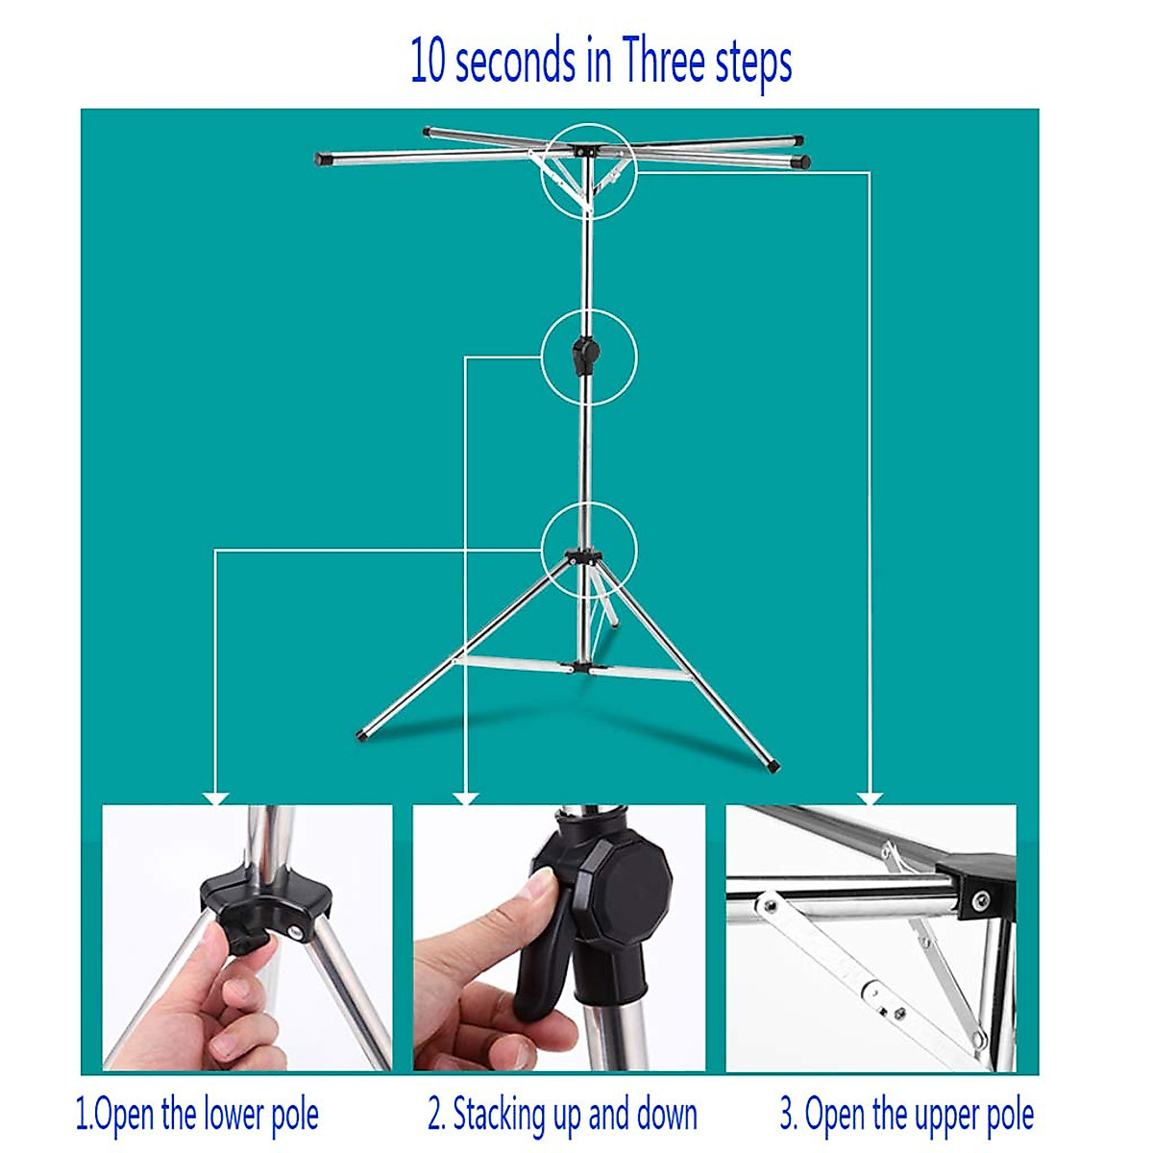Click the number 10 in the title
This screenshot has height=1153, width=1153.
429,61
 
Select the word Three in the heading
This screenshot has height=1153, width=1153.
664,61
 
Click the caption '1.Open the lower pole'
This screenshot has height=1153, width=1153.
197,1116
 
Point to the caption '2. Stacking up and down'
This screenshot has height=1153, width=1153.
562,1116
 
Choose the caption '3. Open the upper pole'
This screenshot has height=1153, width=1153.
906,1116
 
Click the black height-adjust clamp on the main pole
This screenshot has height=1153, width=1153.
582,356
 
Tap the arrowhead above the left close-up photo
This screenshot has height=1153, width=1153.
216,797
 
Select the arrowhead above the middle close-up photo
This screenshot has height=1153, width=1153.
466,797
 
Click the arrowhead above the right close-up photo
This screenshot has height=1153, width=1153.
870,797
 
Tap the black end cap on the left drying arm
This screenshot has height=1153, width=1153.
323,159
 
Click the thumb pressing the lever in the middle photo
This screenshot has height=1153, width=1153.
533,894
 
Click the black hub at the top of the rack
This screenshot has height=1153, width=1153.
583,151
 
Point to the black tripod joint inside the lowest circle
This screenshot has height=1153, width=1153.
583,556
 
